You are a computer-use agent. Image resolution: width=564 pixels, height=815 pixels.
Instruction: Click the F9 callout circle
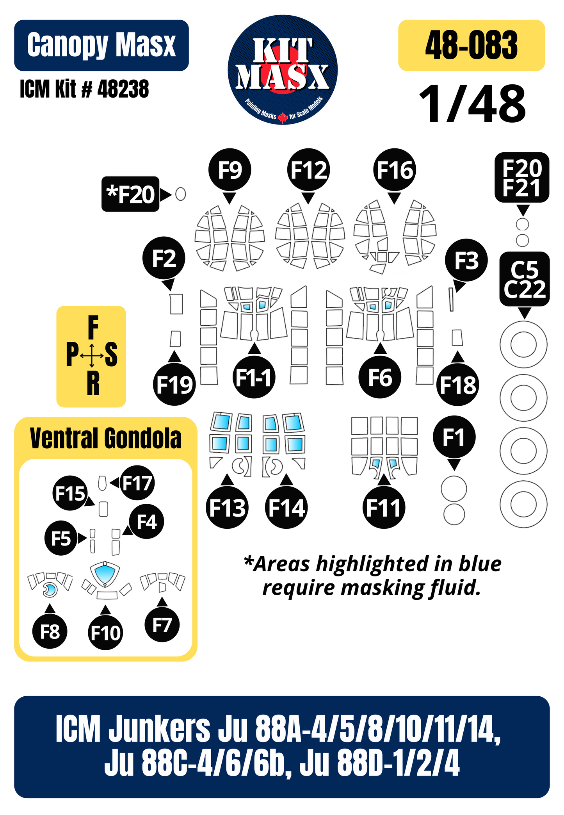(230, 170)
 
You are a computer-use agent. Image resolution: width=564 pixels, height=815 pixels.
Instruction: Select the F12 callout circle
(309, 170)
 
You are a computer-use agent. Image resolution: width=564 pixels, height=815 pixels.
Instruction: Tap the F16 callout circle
(395, 170)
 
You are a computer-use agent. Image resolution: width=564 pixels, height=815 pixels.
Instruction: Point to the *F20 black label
(130, 194)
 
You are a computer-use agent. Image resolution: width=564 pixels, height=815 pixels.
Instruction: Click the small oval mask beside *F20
(180, 194)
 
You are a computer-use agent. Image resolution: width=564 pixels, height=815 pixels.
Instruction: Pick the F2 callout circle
(164, 258)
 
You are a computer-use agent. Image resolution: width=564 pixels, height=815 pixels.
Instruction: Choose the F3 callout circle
(466, 260)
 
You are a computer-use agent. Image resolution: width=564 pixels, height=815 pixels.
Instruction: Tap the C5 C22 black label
(525, 279)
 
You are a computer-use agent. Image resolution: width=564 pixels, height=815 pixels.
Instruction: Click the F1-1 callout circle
(254, 377)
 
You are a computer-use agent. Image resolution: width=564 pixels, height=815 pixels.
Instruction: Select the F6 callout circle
(380, 377)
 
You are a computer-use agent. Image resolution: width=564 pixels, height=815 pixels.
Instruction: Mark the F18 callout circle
(458, 385)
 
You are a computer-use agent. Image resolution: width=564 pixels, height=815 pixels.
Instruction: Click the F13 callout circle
(227, 507)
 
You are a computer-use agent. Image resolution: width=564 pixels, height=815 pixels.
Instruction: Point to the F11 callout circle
(384, 507)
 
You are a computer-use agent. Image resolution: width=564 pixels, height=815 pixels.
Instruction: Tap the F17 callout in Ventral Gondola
(137, 483)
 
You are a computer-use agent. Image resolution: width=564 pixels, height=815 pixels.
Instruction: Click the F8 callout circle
(50, 631)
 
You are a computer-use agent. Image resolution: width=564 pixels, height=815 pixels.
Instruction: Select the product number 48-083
(471, 45)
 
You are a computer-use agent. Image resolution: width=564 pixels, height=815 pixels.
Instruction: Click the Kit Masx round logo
(283, 70)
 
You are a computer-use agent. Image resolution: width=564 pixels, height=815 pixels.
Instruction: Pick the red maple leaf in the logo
(283, 117)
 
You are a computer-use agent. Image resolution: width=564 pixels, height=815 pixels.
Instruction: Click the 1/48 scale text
(472, 104)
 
